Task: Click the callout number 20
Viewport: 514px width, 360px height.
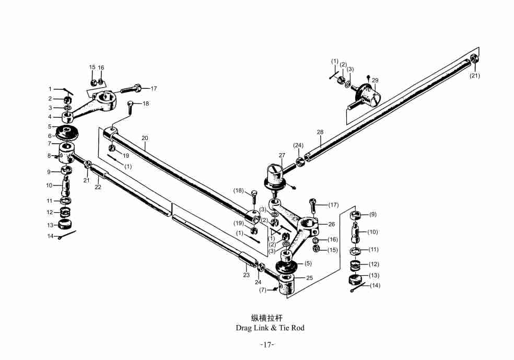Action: [x=145, y=138]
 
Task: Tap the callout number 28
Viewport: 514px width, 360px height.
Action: [x=320, y=132]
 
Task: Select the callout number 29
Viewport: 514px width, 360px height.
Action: [x=375, y=80]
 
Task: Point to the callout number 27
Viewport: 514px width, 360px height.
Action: [x=282, y=155]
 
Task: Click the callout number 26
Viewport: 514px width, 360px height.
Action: [x=331, y=224]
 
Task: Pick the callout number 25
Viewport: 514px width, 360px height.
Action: [x=309, y=278]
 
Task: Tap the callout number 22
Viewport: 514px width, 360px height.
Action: [x=98, y=187]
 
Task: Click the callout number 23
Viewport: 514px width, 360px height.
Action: [x=246, y=275]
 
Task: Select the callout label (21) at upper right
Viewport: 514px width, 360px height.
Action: [x=474, y=76]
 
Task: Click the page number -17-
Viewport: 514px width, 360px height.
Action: [x=267, y=345]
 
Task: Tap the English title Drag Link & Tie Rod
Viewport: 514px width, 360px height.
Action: [x=270, y=328]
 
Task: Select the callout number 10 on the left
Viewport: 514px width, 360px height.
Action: [x=49, y=185]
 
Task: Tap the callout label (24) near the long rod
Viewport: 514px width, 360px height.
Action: [x=298, y=145]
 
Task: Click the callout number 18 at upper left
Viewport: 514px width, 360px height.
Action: [x=145, y=103]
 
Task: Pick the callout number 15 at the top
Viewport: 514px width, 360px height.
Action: [x=92, y=67]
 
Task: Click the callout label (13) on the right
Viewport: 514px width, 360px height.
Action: [x=374, y=275]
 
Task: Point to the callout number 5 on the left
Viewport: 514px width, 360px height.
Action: [x=50, y=126]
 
